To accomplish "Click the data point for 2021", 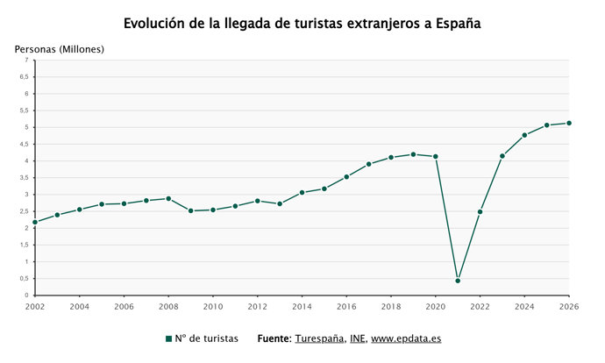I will coord(458,281).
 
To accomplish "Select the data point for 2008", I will coord(168,198).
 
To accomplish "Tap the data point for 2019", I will coord(413,154).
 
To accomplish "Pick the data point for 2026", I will coord(569,123).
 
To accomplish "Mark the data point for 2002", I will coord(35,222).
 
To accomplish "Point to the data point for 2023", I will coord(502,156).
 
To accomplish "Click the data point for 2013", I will coord(280,203).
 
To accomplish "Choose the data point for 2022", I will coord(480,211).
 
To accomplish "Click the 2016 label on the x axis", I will coord(346,307).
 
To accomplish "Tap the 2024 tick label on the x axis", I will coord(524,307).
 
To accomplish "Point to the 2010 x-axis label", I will coord(213,307).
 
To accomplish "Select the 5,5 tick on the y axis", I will coord(24,110).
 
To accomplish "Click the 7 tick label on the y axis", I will coord(26,60).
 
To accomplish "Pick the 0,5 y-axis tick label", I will coord(24,279).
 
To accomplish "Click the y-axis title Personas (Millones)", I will coord(60,48).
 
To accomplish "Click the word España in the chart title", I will coord(452,23).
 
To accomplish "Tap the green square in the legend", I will coord(168,338).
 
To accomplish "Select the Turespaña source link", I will coord(319,338).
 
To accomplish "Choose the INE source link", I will coord(358,338).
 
